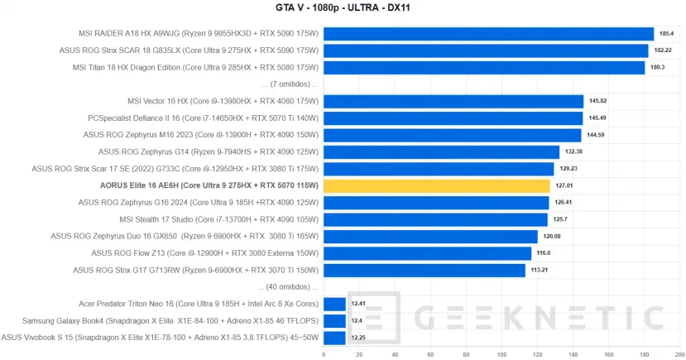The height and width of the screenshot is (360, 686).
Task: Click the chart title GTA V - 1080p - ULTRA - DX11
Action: click(343, 8)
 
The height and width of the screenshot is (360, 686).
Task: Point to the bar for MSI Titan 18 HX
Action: click(483, 68)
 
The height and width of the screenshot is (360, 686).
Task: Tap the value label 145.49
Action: click(597, 118)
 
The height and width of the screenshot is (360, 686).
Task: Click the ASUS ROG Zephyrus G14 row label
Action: click(208, 151)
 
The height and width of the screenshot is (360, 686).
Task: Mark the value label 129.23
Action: click(568, 169)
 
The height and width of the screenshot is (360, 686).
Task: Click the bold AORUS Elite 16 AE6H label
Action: click(209, 185)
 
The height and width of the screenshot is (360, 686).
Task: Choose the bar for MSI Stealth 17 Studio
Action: click(435, 219)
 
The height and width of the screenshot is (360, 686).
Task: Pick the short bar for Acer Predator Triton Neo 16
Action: click(334, 304)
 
